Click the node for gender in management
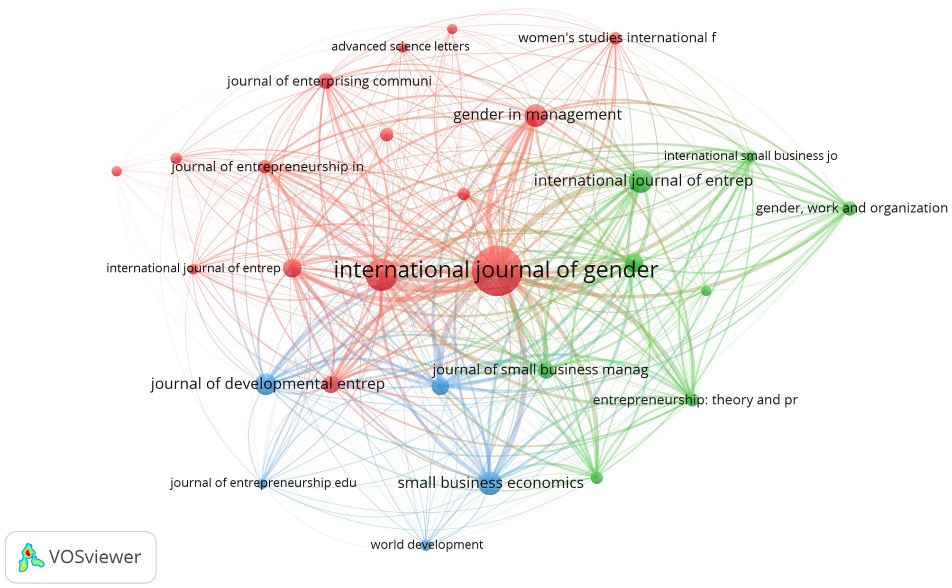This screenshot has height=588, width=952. (535, 115)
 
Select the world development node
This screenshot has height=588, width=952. (426, 544)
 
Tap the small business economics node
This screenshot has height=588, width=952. (490, 483)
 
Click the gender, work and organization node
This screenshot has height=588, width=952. (849, 208)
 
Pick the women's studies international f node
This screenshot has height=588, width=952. (615, 38)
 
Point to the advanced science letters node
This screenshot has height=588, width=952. (403, 47)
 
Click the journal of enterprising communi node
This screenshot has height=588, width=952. (326, 81)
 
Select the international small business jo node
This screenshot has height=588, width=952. (750, 156)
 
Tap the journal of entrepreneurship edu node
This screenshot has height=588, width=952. (262, 483)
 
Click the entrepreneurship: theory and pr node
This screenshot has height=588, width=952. (692, 399)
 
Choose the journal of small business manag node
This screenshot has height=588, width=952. (546, 370)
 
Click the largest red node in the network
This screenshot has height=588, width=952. (498, 271)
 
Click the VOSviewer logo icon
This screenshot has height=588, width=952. (30, 557)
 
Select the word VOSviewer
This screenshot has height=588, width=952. (95, 557)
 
